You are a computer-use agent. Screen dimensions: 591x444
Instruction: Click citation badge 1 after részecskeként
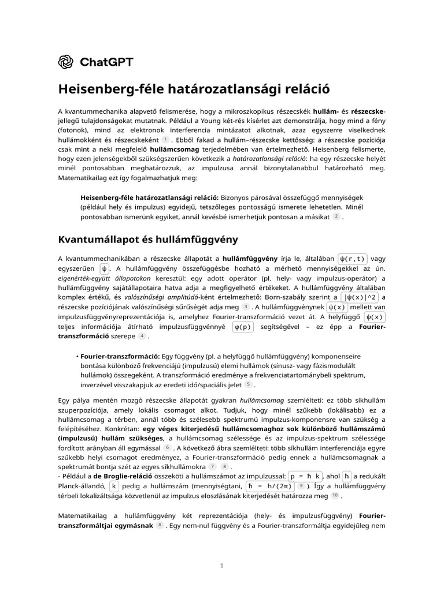pos(165,139)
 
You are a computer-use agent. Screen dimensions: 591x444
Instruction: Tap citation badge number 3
pos(246,306)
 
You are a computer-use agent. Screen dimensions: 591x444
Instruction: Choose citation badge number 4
pos(142,336)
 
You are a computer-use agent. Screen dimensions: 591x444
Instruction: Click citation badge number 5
pos(248,384)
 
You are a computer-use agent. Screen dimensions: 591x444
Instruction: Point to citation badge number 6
pos(168,447)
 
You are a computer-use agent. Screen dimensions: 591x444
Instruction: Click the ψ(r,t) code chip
pos(353,258)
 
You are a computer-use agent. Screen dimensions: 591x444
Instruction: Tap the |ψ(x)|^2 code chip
pos(360,297)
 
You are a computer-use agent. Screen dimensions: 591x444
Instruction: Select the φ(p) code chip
pos(243,327)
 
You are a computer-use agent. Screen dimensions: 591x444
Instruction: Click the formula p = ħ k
pos(306,476)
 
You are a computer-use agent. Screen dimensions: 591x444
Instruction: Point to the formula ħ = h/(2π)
pos(271,487)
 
